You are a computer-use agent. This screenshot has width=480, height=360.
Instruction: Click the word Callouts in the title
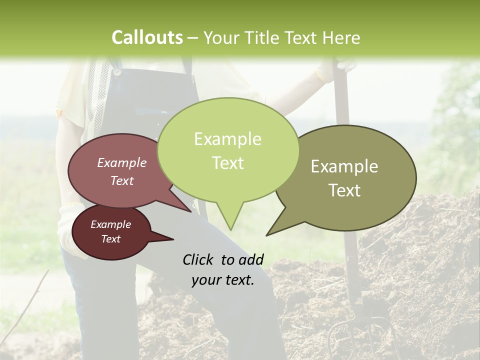click(x=147, y=37)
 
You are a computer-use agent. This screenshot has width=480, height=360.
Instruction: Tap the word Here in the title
click(x=342, y=38)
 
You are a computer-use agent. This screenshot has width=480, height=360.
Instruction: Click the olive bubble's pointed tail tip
click(x=267, y=234)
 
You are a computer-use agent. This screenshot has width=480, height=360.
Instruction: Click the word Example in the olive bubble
click(x=344, y=166)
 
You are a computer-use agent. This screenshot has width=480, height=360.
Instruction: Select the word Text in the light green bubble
click(x=228, y=163)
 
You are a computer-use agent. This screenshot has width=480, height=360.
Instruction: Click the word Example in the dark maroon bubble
click(x=111, y=224)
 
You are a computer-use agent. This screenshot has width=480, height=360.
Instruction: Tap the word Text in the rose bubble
click(x=122, y=181)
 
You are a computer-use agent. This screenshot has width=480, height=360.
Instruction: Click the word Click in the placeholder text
click(x=198, y=259)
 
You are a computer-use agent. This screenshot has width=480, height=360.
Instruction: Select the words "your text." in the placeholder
click(x=223, y=280)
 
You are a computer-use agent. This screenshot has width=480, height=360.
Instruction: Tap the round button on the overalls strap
click(x=116, y=72)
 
